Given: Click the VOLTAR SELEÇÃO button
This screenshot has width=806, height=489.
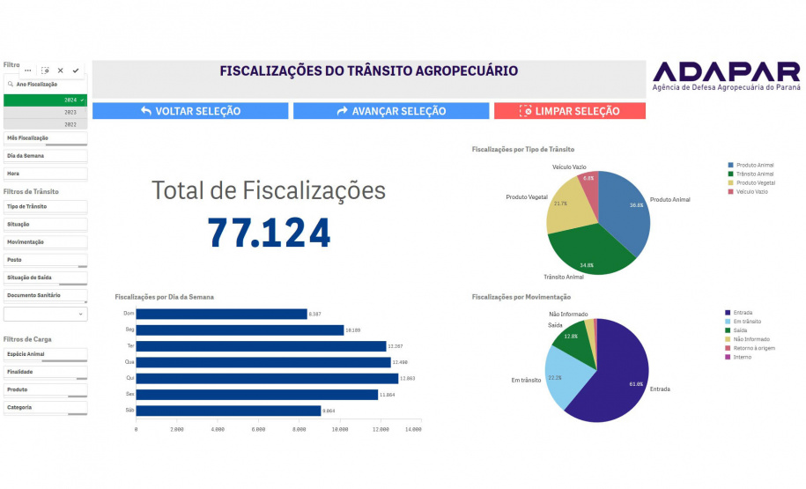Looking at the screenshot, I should point(190,111).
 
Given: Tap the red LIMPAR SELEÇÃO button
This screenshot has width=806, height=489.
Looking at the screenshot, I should point(570,111).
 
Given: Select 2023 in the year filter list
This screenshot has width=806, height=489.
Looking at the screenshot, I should point(46,113).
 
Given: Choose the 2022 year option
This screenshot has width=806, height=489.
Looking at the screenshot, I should point(46,125).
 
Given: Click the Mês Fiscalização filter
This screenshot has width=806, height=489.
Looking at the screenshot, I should point(45,138).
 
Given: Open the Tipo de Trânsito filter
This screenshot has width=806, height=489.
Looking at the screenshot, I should point(45,206).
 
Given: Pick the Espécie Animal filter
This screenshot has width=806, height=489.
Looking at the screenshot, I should point(45,354).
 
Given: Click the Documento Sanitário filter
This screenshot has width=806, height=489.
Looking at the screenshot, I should point(45,295).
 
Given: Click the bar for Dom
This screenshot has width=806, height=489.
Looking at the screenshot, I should point(221,314).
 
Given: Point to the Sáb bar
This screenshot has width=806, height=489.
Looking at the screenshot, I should point(228,411).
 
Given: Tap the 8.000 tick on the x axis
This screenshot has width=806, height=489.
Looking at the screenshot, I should point(299,430).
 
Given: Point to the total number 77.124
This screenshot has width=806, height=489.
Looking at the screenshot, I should point(269,233).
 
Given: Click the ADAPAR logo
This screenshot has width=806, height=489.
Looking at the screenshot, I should point(727,76).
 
